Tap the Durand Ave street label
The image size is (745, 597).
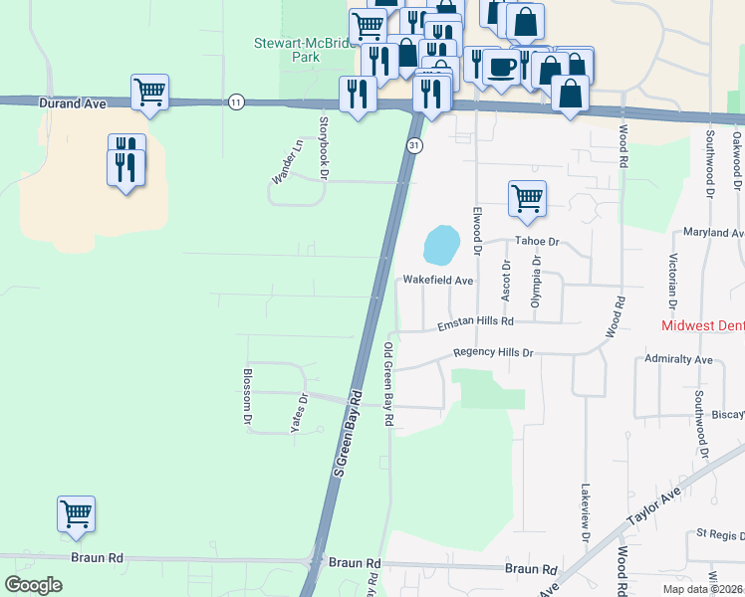pyautogui.click(x=72, y=101)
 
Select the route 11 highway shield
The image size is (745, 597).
pyautogui.click(x=235, y=101)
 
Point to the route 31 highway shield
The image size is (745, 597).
pyautogui.click(x=412, y=145)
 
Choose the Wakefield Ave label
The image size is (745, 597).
pyautogui.click(x=437, y=281)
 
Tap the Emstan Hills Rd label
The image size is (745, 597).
pyautogui.click(x=475, y=322)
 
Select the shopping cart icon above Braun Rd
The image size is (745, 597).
pyautogui.click(x=76, y=513)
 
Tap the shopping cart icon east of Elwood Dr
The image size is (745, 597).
pyautogui.click(x=526, y=197)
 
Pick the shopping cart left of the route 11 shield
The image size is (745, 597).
pyautogui.click(x=149, y=92)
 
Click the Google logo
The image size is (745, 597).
pyautogui.click(x=34, y=585)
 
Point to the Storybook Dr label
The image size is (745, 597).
pyautogui.click(x=323, y=147)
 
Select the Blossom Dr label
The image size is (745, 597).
pyautogui.click(x=247, y=398)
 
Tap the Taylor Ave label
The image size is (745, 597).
pyautogui.click(x=652, y=506)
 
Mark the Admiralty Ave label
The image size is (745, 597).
pyautogui.click(x=678, y=358)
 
